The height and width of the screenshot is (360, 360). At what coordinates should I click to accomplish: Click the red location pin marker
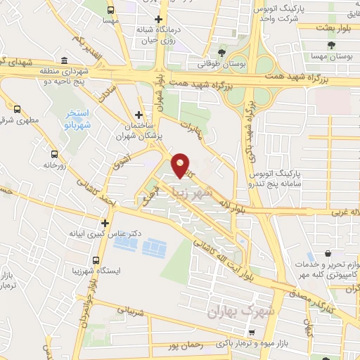point(181,165)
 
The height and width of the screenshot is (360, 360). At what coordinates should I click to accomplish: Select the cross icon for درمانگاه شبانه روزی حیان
point(159,20)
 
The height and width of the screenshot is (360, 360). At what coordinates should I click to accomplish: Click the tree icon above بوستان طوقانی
point(222,52)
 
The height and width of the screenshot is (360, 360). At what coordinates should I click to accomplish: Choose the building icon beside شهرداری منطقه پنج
point(64,60)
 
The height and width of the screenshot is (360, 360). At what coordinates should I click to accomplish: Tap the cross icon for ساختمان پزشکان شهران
point(139,114)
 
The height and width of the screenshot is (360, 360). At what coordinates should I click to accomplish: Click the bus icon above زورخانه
point(54,153)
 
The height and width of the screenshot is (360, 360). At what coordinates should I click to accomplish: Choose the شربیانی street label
point(127,309)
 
